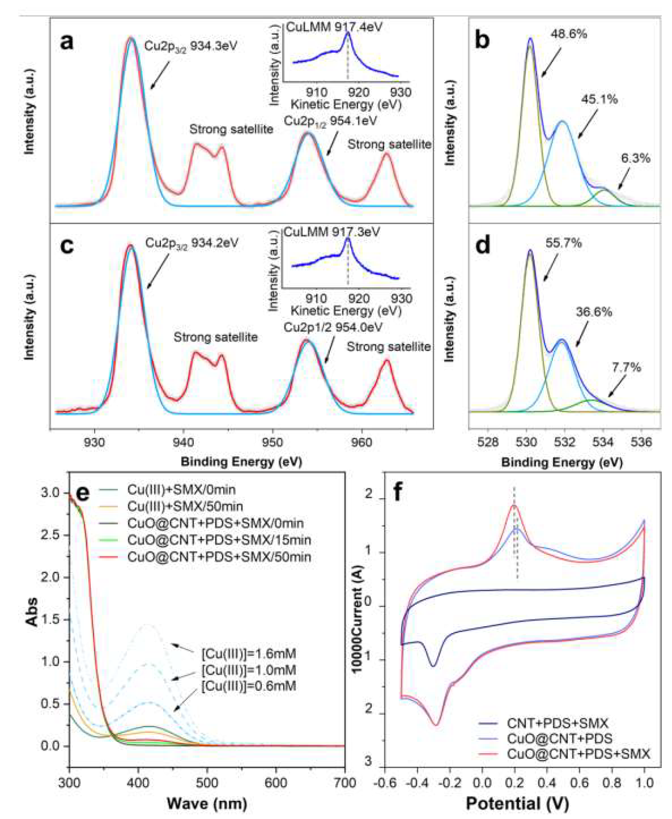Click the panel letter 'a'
pos(67,42)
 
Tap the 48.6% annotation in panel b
pos(568,34)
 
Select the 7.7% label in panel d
pos(626,367)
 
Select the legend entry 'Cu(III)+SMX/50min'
pos(185,506)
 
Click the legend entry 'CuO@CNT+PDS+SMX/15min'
pos(219,540)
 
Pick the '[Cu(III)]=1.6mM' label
pos(249,654)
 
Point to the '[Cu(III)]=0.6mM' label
pos(249,686)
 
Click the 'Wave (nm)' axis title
pos(207,803)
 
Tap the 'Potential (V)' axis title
pos(517,803)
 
